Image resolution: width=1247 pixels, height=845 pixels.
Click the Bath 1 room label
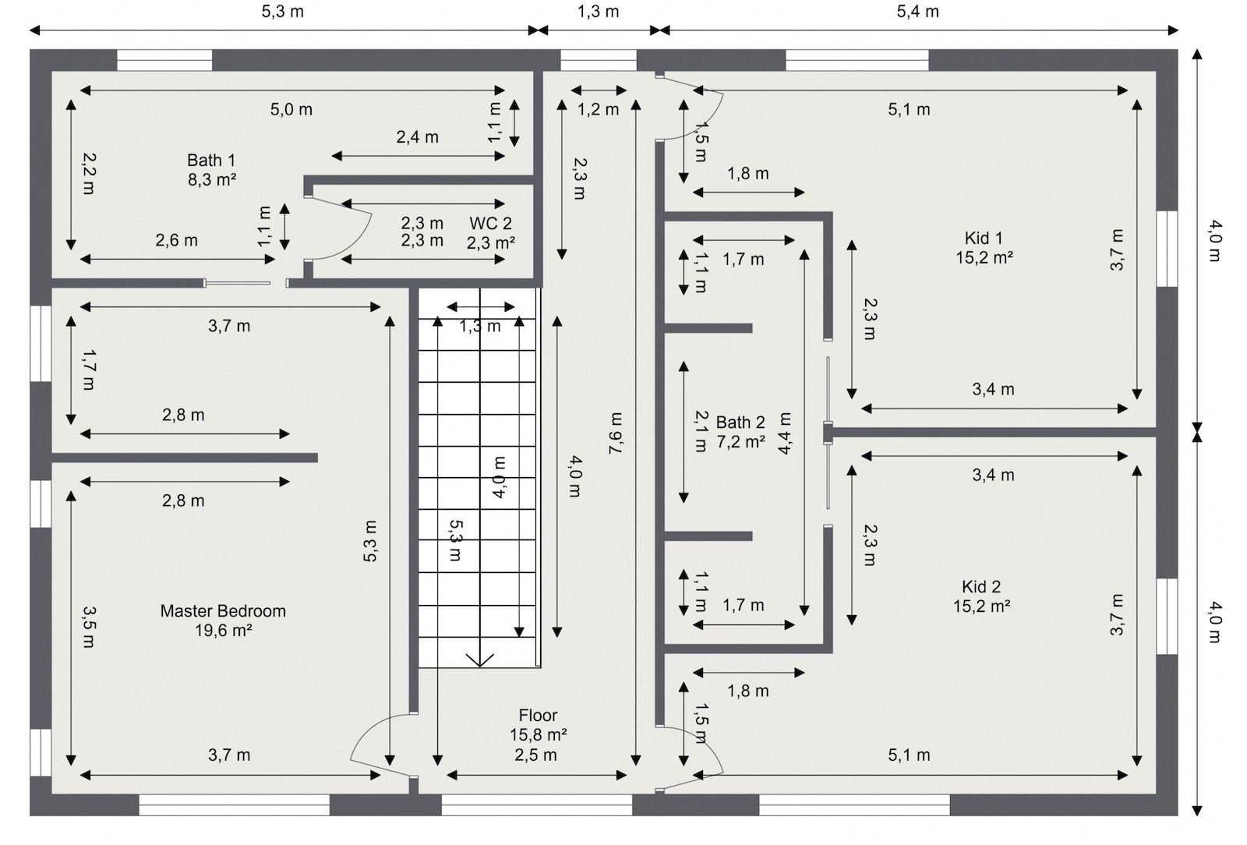(x=210, y=160)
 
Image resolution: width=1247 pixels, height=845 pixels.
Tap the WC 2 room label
(x=490, y=224)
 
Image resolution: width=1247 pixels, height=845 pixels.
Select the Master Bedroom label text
(x=223, y=611)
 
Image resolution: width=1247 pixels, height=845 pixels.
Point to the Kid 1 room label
(x=984, y=238)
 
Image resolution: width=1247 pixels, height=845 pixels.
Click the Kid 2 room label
(x=981, y=587)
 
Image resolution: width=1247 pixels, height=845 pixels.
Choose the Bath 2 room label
(x=740, y=422)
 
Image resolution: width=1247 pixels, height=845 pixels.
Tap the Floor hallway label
(x=538, y=716)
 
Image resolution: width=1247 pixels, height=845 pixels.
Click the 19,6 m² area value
(x=223, y=631)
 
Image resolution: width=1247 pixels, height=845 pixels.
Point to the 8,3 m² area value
(x=210, y=179)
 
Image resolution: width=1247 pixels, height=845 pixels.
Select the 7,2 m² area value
(x=740, y=442)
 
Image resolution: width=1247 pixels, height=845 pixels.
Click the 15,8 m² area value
(x=538, y=735)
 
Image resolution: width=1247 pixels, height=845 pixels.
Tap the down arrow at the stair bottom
(x=479, y=659)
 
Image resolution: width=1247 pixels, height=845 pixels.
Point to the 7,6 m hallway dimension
(x=616, y=433)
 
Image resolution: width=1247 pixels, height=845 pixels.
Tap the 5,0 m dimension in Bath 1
(x=291, y=110)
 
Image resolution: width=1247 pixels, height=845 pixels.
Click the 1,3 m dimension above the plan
(x=599, y=12)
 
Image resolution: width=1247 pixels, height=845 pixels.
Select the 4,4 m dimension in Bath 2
(x=785, y=433)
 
